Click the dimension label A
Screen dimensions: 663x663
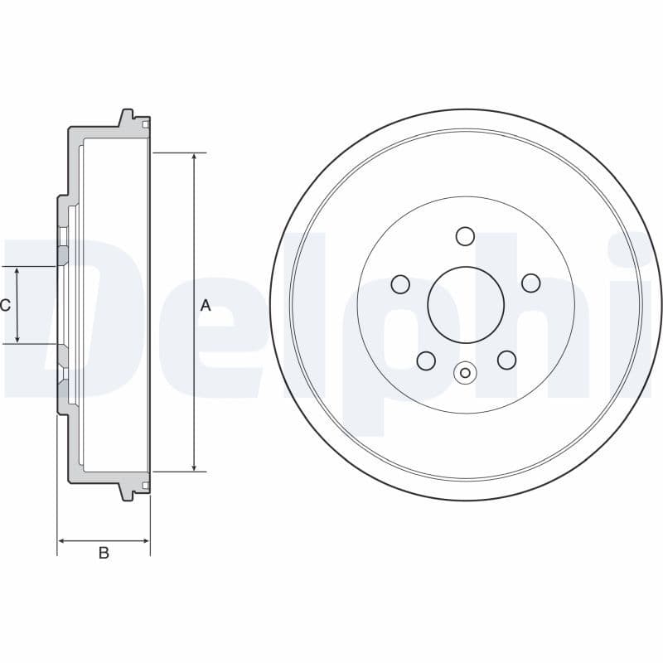click(206, 306)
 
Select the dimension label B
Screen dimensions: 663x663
click(104, 553)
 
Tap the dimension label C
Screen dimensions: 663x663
click(5, 305)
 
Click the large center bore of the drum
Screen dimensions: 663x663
click(466, 304)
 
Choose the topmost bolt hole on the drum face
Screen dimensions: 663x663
click(466, 237)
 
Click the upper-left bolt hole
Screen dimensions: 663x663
click(401, 284)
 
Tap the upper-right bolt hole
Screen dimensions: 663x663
click(531, 284)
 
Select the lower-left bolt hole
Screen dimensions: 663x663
click(426, 360)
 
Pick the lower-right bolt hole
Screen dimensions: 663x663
click(506, 360)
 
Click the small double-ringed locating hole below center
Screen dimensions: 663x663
click(466, 373)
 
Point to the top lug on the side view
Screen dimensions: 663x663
click(127, 117)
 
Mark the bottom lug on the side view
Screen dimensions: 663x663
click(127, 493)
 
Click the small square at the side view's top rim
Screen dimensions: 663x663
click(146, 125)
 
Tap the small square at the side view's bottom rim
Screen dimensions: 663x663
click(146, 485)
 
